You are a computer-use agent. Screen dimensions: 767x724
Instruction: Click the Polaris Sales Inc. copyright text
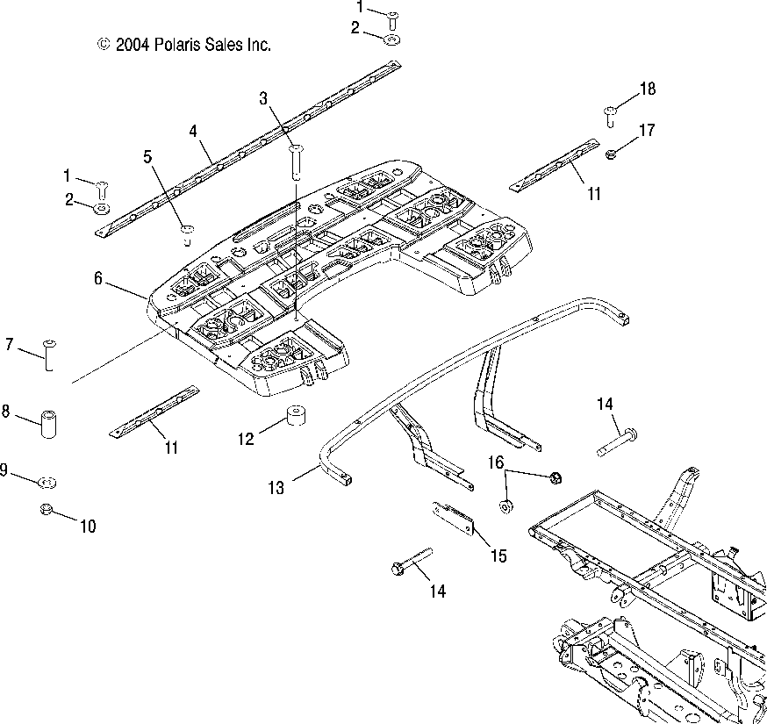[x=184, y=45]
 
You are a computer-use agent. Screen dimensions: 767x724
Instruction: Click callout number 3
[x=263, y=98]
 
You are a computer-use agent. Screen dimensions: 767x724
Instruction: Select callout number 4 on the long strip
[x=193, y=131]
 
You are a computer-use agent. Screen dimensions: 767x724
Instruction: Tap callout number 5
[x=147, y=157]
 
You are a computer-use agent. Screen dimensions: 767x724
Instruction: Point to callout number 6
[x=98, y=278]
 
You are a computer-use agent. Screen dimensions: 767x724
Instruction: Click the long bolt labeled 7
[x=49, y=355]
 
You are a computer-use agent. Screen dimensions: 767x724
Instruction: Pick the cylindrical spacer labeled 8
[x=48, y=424]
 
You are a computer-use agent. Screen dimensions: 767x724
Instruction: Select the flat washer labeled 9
[x=47, y=483]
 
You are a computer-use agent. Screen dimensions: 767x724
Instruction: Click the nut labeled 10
[x=46, y=509]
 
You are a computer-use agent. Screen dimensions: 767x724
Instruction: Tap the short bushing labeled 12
[x=296, y=415]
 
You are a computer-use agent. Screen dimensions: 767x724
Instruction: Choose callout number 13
[x=276, y=487]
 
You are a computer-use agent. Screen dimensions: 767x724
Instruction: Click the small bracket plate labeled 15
[x=454, y=519]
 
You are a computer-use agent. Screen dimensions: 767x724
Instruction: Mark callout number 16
[x=496, y=462]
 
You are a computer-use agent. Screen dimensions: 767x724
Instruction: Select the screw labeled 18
[x=611, y=117]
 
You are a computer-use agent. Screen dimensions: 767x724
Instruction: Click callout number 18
[x=648, y=89]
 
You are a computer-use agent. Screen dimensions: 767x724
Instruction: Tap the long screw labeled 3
[x=297, y=162]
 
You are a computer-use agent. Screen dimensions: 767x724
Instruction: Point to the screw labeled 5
[x=187, y=235]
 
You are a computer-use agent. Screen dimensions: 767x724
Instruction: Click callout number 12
[x=246, y=439]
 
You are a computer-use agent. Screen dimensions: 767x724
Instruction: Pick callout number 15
[x=498, y=556]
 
